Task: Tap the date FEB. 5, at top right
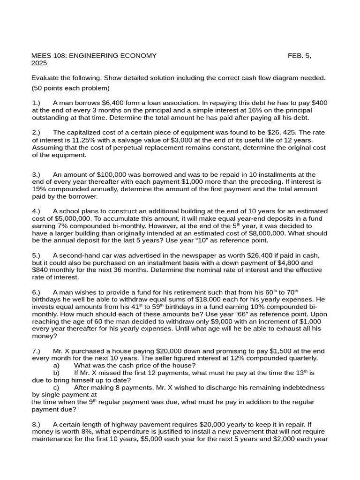(x=299, y=56)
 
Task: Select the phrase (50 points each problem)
(x=70, y=88)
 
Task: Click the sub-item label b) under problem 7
(x=57, y=373)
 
